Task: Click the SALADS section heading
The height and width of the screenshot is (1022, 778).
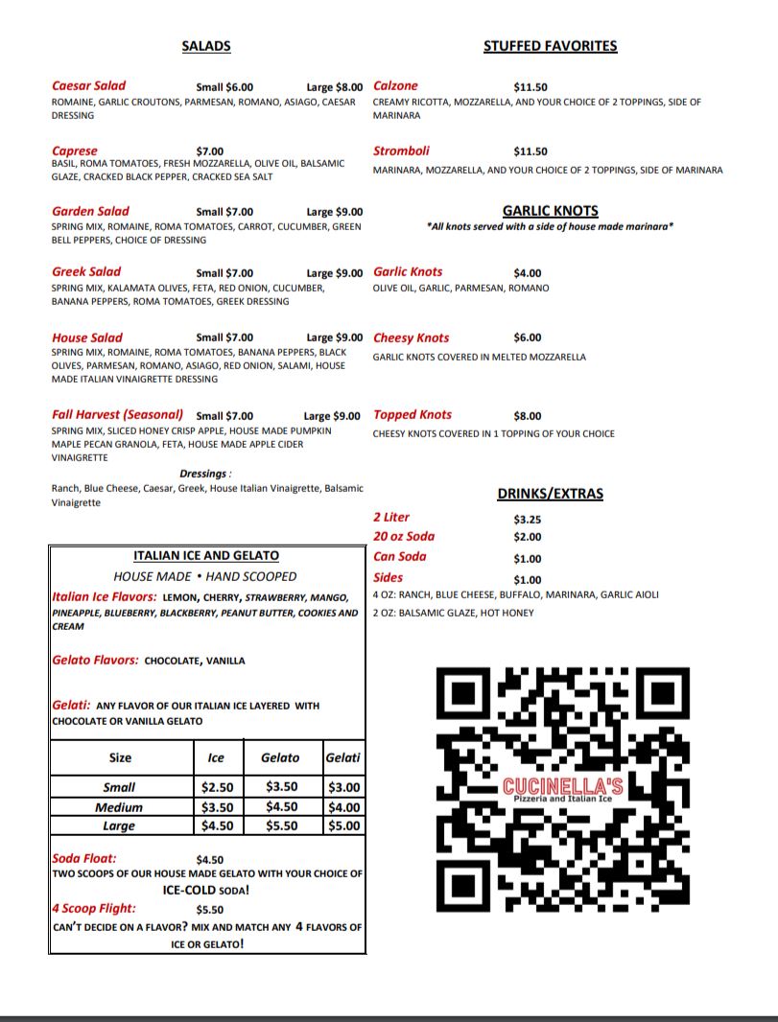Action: (206, 46)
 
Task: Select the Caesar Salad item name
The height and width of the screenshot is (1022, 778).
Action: (88, 86)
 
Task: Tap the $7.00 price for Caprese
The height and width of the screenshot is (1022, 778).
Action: (209, 151)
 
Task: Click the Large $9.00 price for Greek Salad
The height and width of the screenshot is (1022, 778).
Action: (335, 272)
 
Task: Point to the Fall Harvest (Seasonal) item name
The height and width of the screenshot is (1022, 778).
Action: (117, 415)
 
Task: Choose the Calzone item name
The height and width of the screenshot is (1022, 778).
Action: (395, 86)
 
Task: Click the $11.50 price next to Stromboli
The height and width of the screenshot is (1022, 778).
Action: (530, 151)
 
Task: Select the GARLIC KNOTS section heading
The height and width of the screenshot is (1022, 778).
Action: (550, 211)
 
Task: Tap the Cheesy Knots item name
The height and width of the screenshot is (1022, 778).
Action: (411, 338)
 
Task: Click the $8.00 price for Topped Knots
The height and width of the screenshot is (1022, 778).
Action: (528, 416)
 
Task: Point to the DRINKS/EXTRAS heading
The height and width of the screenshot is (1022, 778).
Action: (550, 494)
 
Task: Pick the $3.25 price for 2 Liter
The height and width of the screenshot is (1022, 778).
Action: (528, 519)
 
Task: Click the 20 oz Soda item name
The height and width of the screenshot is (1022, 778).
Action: (404, 537)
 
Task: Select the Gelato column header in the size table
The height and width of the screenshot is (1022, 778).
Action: (280, 757)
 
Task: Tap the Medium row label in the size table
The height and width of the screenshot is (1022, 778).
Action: (120, 807)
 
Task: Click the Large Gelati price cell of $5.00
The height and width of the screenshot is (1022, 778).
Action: (343, 825)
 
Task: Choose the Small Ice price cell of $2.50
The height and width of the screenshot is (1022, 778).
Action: (218, 787)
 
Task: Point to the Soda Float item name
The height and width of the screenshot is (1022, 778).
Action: (84, 859)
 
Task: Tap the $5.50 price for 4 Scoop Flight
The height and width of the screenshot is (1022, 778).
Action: (209, 909)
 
